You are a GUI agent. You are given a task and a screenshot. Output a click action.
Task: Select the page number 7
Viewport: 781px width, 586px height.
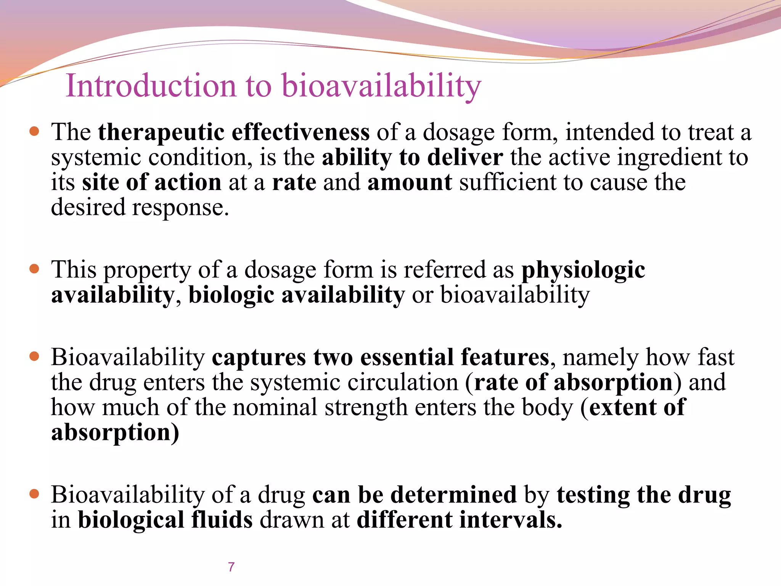pyautogui.click(x=231, y=567)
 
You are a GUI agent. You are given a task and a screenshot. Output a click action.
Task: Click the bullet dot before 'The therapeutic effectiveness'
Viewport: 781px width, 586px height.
pyautogui.click(x=34, y=132)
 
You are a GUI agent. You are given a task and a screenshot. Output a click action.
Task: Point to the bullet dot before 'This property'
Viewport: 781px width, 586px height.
pyautogui.click(x=34, y=269)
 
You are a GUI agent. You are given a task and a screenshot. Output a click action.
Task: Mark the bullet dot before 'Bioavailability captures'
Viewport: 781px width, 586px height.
pyautogui.click(x=34, y=357)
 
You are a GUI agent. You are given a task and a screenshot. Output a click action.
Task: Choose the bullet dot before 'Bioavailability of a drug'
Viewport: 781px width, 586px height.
pyautogui.click(x=34, y=494)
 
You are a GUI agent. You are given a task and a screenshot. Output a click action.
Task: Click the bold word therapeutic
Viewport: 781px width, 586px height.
pyautogui.click(x=161, y=132)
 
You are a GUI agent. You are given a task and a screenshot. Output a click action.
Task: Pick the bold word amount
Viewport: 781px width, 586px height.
pyautogui.click(x=410, y=182)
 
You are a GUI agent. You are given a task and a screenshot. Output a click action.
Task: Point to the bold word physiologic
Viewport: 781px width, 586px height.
pyautogui.click(x=583, y=270)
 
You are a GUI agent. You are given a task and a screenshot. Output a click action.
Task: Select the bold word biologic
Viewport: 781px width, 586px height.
pyautogui.click(x=231, y=295)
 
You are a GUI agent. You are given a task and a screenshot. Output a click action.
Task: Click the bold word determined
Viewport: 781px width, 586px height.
pyautogui.click(x=453, y=495)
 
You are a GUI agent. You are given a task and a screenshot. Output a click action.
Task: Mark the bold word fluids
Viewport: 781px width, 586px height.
pyautogui.click(x=222, y=520)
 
